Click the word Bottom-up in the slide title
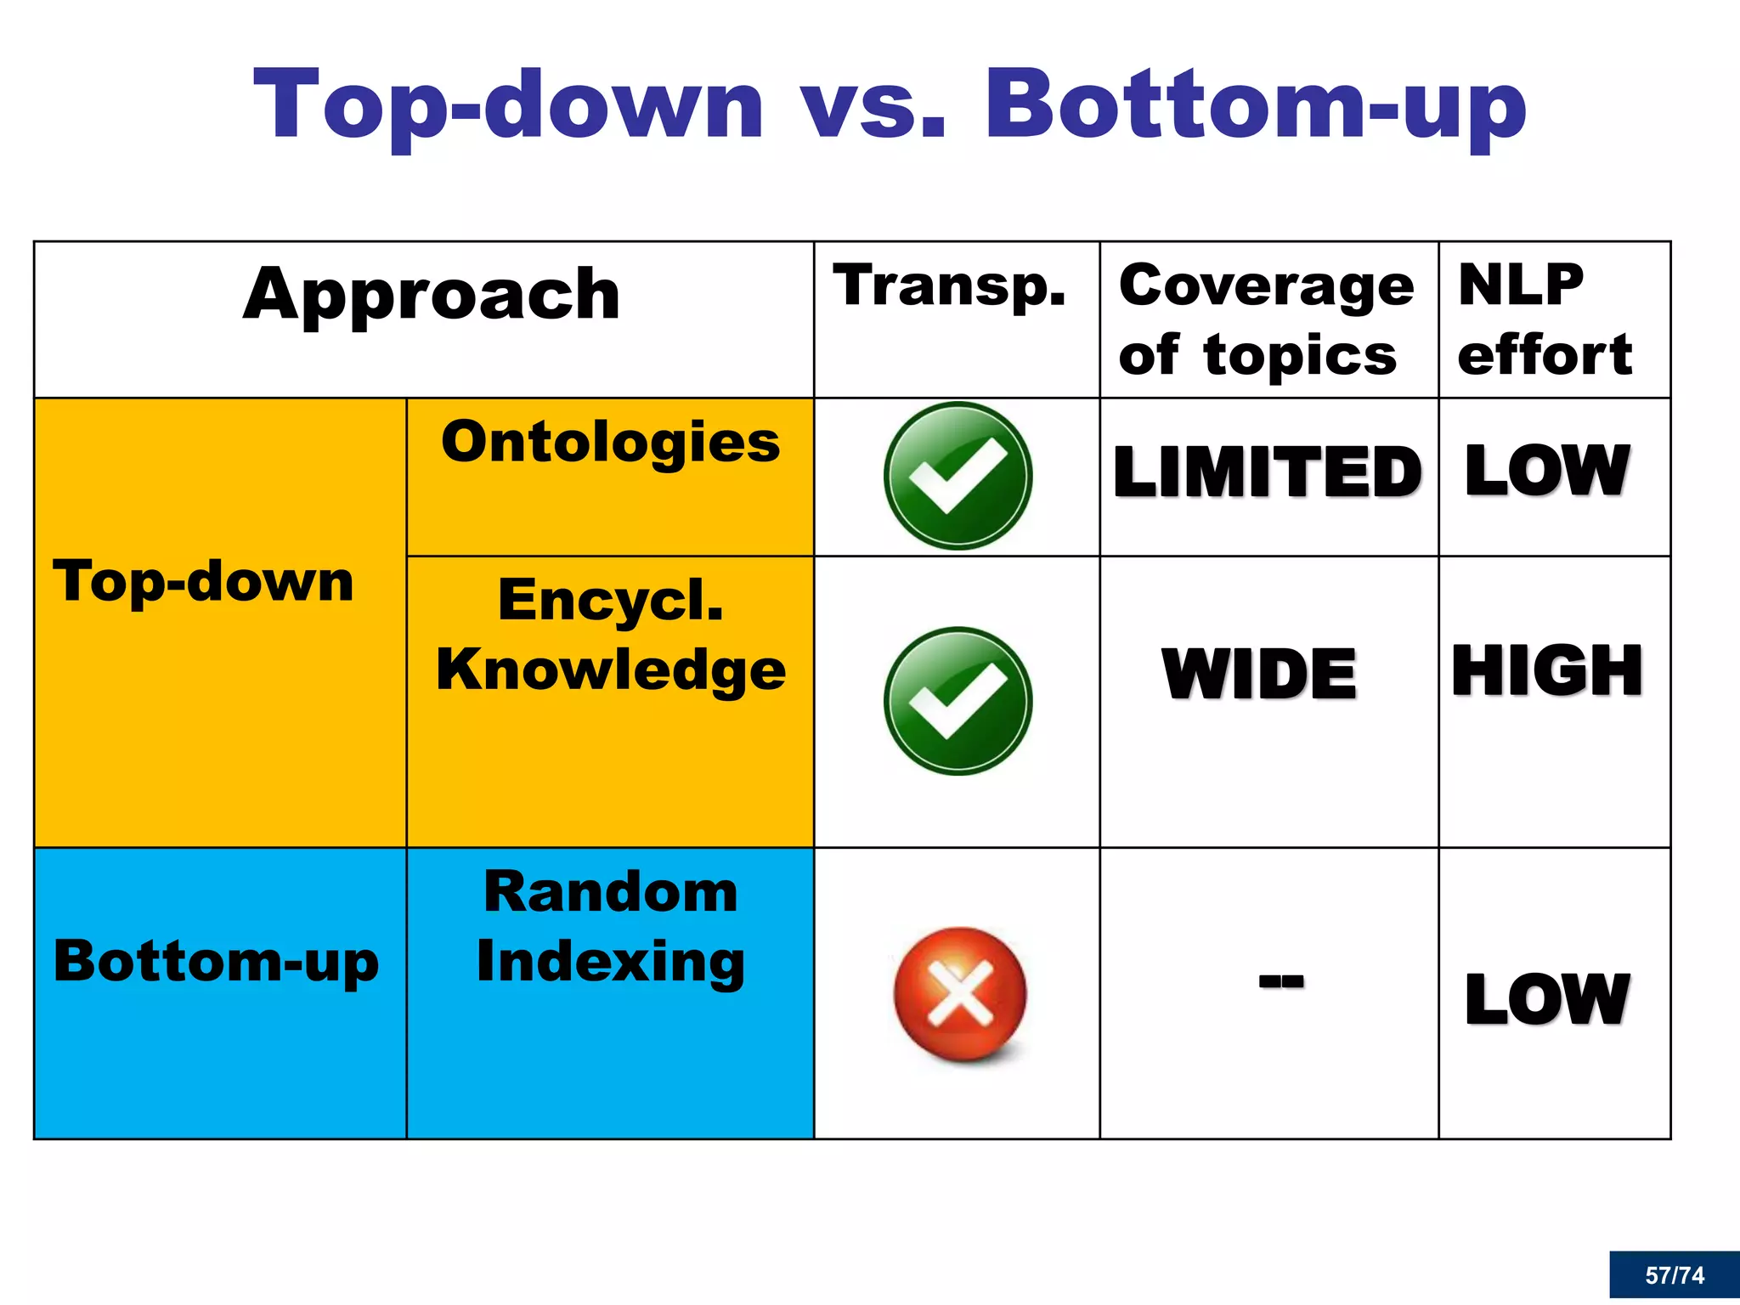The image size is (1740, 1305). click(1254, 106)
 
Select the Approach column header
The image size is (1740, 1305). click(432, 294)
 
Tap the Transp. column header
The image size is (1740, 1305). click(949, 286)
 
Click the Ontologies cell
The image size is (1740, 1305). click(610, 443)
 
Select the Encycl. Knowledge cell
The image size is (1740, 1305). click(610, 635)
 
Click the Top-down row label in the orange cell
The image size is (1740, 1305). click(203, 582)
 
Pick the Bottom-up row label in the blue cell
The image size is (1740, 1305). click(216, 961)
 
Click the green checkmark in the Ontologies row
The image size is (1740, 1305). click(958, 476)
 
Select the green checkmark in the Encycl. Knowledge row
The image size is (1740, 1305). click(958, 701)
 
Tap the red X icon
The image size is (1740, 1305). click(959, 994)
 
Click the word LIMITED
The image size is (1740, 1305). click(1267, 472)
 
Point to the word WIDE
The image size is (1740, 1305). click(1259, 674)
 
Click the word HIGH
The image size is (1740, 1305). click(1547, 671)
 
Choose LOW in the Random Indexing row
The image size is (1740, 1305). click(1547, 999)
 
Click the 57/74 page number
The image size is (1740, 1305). click(1674, 1274)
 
